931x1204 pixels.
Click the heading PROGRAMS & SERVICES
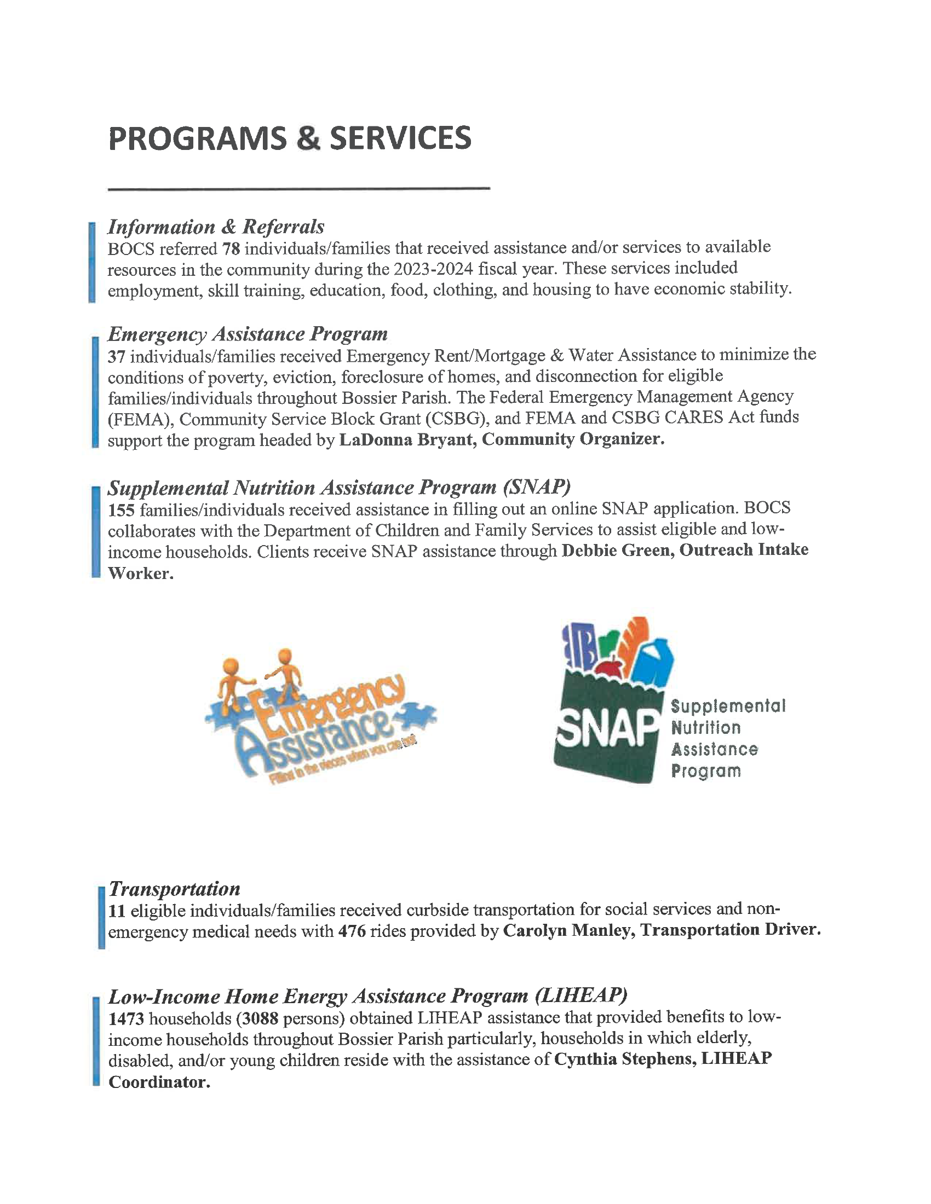tap(290, 138)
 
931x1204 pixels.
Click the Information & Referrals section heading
tap(216, 227)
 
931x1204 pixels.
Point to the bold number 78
tap(231, 248)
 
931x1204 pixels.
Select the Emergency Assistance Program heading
tap(247, 333)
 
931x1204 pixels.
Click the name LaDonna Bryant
tap(406, 439)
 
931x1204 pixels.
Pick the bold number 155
tap(121, 510)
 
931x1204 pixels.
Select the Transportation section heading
tap(174, 889)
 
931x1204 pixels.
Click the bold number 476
tap(352, 931)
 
